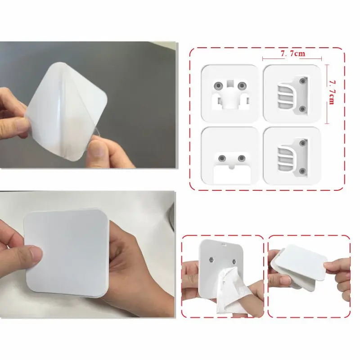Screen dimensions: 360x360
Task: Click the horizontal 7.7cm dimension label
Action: [x=293, y=54]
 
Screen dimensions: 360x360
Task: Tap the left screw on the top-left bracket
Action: [x=218, y=86]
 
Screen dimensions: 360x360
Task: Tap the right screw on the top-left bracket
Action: [x=242, y=86]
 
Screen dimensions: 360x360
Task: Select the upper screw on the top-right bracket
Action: [x=303, y=81]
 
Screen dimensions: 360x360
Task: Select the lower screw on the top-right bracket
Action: [x=303, y=109]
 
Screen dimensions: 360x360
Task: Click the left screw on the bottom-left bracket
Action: [x=222, y=158]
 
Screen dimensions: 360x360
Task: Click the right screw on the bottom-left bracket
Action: [x=242, y=158]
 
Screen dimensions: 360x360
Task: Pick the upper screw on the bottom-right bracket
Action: [x=303, y=143]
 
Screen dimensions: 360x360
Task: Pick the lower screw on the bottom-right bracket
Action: [x=303, y=171]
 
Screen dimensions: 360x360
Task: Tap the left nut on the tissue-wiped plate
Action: [x=211, y=260]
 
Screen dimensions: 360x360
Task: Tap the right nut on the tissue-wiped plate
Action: [x=234, y=261]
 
